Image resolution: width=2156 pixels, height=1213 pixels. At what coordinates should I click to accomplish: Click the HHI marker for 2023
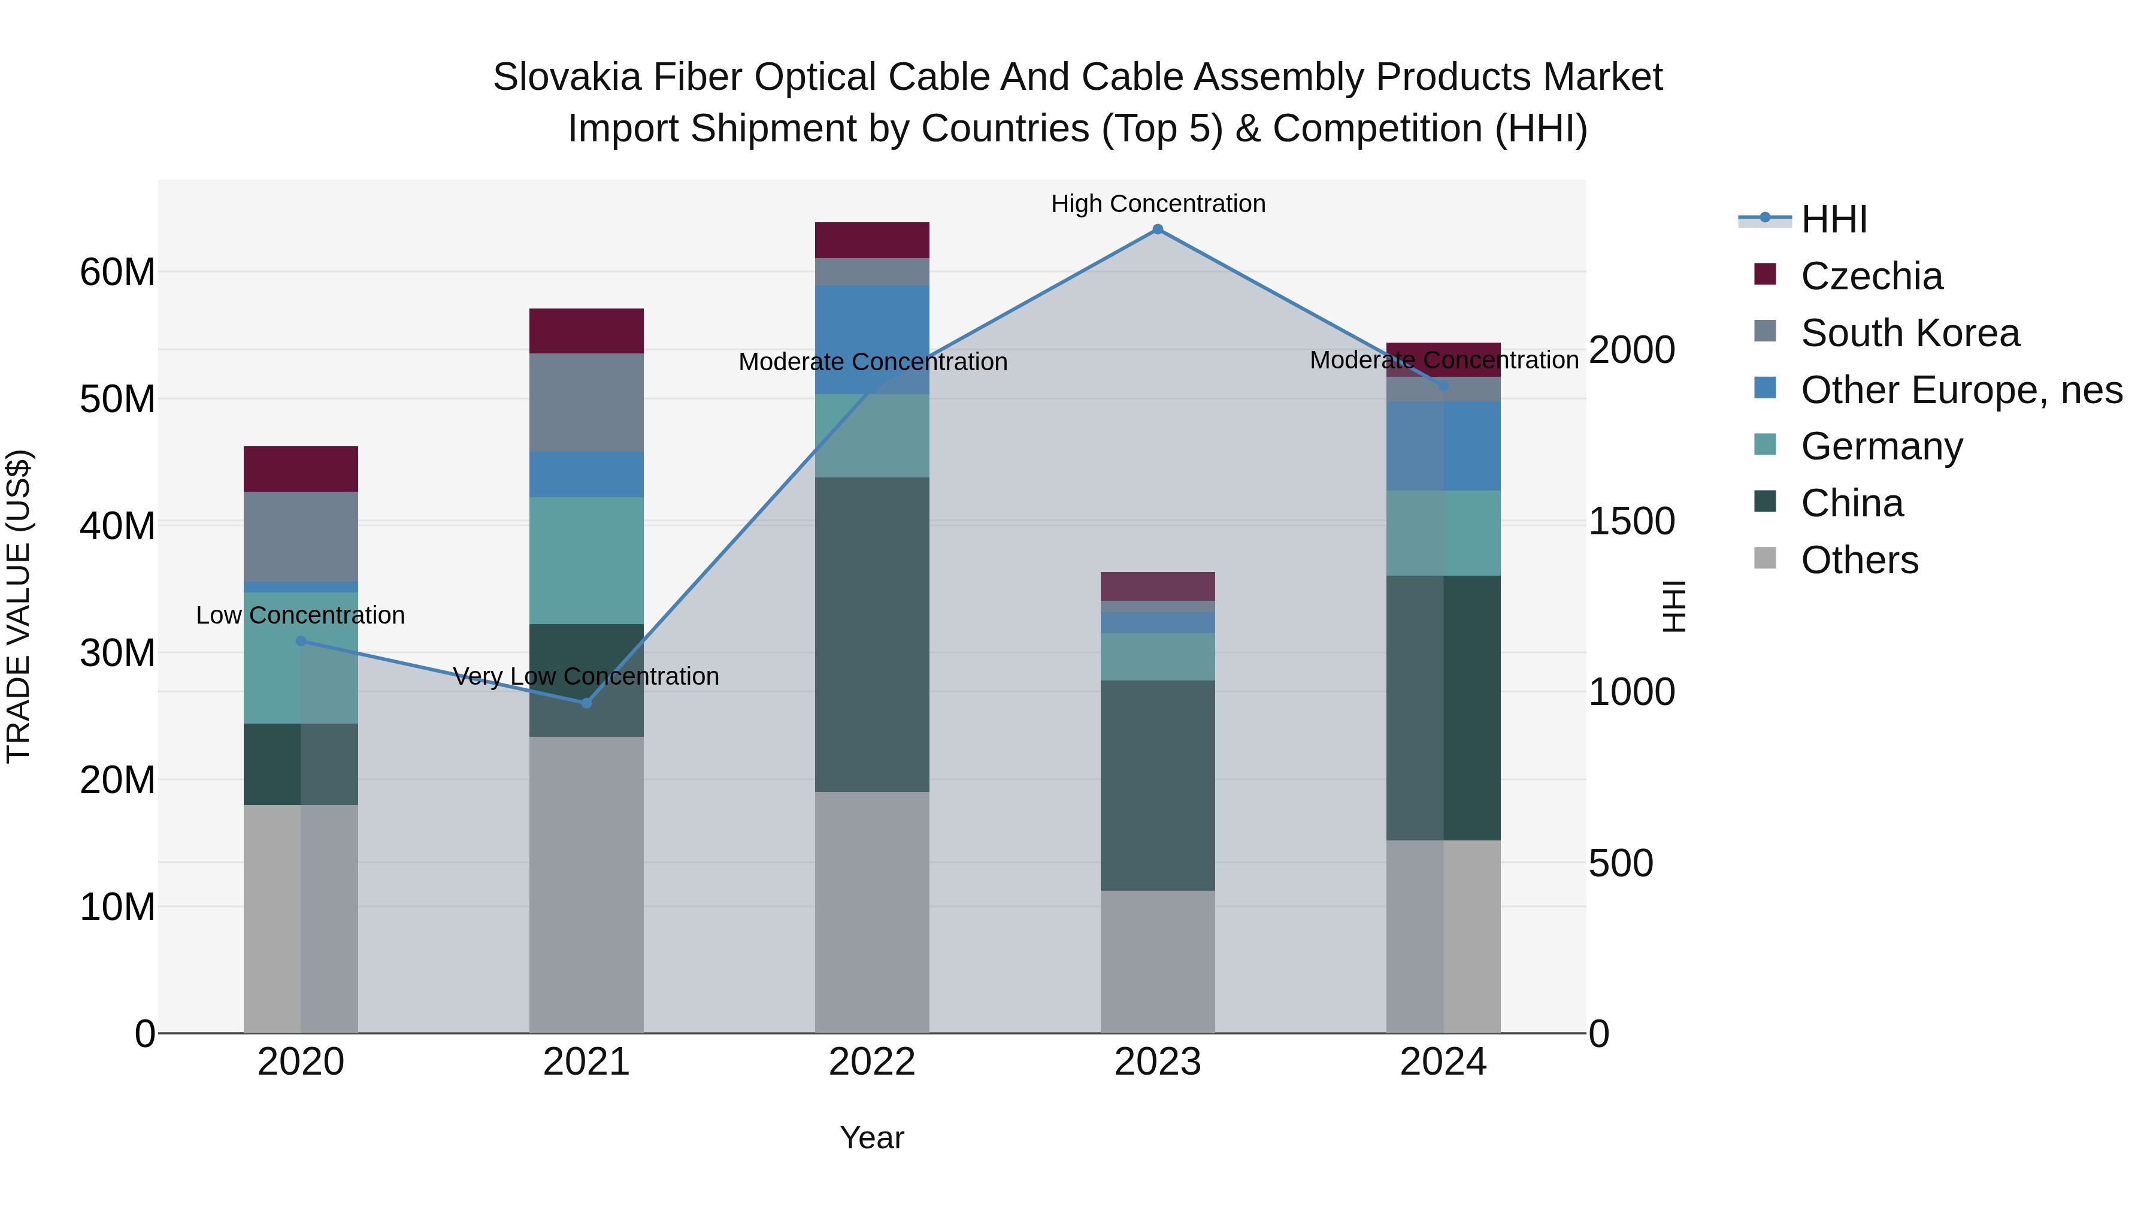(x=1158, y=229)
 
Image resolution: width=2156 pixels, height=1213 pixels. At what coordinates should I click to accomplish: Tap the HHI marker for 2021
(x=587, y=703)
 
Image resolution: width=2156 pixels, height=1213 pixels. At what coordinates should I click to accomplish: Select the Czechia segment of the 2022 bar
(x=872, y=240)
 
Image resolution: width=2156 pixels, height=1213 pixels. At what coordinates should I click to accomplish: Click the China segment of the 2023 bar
(x=1158, y=785)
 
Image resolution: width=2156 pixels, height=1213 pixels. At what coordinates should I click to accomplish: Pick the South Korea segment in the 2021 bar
(x=587, y=403)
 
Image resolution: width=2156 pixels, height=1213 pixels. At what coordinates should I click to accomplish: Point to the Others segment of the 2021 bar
(x=587, y=884)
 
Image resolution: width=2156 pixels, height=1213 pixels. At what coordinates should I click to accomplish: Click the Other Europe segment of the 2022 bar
(x=872, y=340)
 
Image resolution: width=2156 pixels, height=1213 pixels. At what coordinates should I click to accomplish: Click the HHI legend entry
(x=1833, y=219)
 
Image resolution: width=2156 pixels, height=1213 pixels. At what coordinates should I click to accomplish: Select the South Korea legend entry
(x=1909, y=333)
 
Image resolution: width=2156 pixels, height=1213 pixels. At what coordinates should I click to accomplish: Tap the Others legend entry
(x=1859, y=560)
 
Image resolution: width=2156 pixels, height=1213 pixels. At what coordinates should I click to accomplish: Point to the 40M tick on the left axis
(x=117, y=526)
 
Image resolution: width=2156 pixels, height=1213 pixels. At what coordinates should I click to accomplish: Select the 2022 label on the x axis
(x=872, y=1062)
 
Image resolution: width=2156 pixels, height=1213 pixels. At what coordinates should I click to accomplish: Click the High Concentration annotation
(x=1158, y=204)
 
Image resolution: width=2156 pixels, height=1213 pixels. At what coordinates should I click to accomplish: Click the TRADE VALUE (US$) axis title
(x=19, y=606)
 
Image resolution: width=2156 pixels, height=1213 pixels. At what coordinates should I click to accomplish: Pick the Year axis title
(x=872, y=1138)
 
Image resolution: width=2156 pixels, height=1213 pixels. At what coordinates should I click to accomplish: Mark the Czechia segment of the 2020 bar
(x=301, y=469)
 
